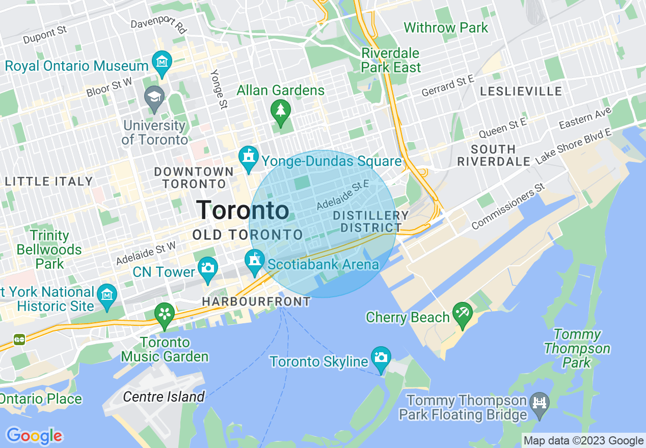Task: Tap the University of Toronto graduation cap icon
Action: coord(154,96)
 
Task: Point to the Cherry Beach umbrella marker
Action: coord(462,313)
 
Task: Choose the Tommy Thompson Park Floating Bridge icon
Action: coord(539,403)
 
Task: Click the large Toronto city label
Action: coord(243,210)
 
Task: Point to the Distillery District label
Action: coord(371,221)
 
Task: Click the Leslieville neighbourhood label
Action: coord(521,92)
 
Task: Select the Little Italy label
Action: coord(49,181)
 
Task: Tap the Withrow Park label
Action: coord(446,27)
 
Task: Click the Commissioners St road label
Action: coord(508,208)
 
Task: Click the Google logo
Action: coord(34,436)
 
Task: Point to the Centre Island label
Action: coord(164,397)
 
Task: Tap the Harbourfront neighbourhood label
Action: coord(256,301)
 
